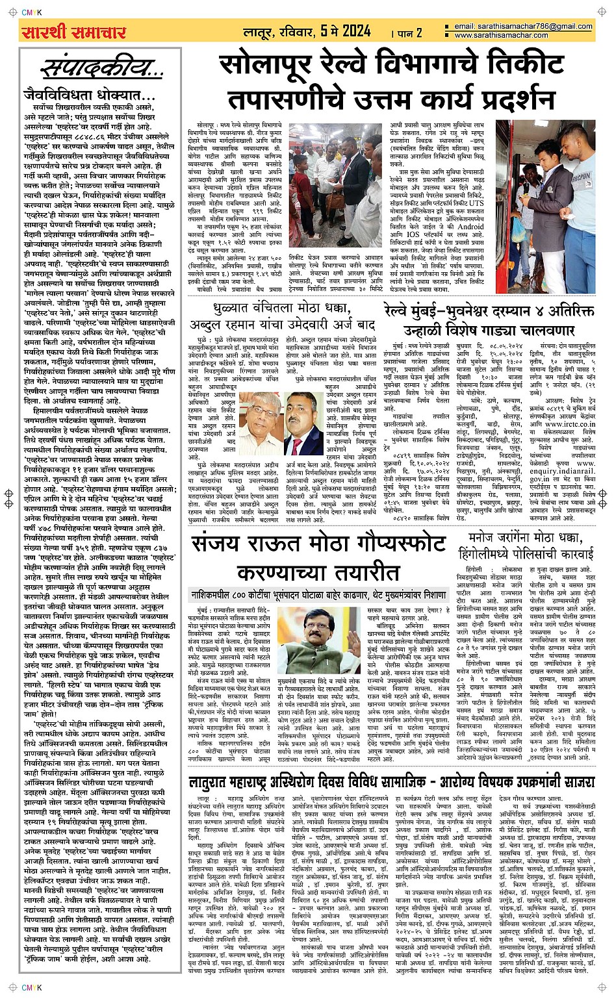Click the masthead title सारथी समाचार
tap(73, 32)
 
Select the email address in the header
tap(524, 26)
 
